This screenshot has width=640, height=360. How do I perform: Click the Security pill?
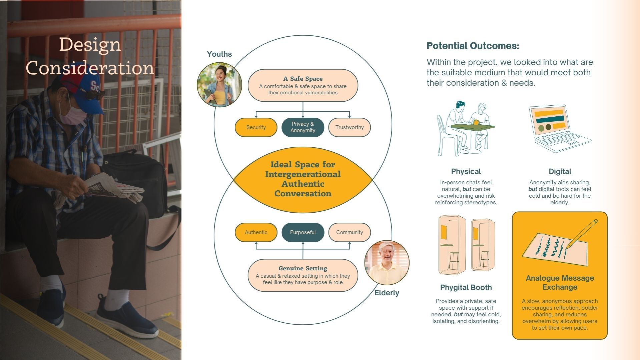(256, 127)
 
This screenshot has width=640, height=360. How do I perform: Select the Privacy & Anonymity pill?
(302, 127)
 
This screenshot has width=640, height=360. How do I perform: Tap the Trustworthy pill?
(349, 127)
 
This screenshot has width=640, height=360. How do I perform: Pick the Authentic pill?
(256, 232)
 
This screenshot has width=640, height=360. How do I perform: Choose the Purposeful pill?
(302, 232)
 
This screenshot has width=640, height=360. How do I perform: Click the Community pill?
(349, 232)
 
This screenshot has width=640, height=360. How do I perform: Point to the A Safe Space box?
(302, 85)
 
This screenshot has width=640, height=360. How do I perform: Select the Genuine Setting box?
(302, 275)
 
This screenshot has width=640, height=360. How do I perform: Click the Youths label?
(219, 54)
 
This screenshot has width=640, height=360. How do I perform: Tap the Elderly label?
(387, 293)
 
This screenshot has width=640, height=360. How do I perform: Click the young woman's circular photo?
(219, 85)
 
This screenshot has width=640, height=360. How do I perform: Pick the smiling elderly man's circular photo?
(387, 263)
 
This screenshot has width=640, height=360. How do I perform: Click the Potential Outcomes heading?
(473, 46)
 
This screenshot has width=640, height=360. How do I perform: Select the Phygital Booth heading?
(466, 287)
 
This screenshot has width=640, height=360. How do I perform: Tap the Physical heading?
(466, 171)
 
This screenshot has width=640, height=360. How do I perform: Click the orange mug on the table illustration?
(476, 122)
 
